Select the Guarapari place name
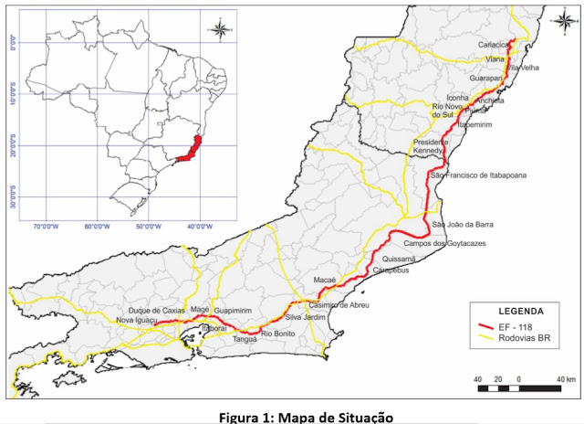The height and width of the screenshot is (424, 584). [487, 79]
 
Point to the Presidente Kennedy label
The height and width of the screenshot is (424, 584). [431, 146]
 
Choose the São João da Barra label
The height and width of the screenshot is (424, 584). [463, 225]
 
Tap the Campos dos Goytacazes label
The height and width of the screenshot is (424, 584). [443, 245]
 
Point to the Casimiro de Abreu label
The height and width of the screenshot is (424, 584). [339, 304]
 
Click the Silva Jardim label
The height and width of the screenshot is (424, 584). [306, 317]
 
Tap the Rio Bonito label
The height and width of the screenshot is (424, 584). [276, 334]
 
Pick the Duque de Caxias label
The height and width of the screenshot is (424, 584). [157, 311]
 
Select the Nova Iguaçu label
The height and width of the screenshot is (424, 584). [138, 321]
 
